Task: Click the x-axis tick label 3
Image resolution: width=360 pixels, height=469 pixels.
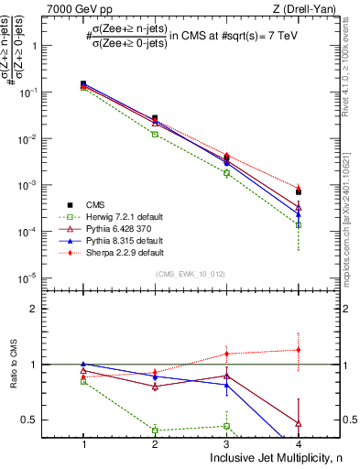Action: (226, 443)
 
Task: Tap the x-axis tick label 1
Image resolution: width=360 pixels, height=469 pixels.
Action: (83, 443)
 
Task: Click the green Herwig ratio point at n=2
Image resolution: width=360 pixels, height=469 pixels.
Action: (155, 430)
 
